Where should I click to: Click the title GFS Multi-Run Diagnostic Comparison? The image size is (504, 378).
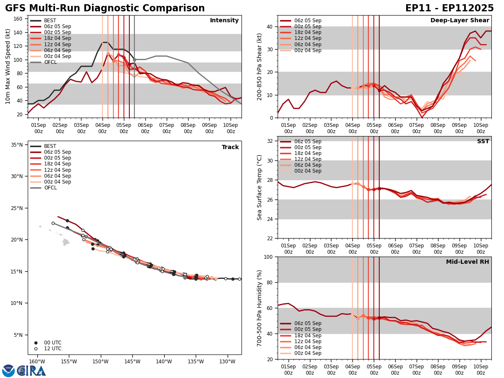[105, 8]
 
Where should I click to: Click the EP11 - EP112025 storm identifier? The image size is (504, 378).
[449, 8]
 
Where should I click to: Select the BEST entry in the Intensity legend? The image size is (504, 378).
[50, 21]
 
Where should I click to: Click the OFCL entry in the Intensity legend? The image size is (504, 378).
[50, 62]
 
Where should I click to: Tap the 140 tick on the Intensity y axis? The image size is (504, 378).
[19, 32]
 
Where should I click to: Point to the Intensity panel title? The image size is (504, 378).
[224, 21]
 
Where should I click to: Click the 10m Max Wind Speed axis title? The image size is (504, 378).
[8, 66]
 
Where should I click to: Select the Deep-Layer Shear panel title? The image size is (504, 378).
[459, 21]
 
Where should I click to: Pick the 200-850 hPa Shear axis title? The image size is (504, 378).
[260, 66]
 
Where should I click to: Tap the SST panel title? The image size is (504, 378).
[483, 142]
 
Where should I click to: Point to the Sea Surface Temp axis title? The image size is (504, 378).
[260, 187]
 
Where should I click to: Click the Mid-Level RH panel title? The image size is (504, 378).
[467, 262]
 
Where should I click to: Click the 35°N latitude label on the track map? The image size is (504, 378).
[17, 145]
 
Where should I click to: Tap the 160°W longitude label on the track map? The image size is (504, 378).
[37, 362]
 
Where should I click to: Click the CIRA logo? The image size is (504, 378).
[32, 370]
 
